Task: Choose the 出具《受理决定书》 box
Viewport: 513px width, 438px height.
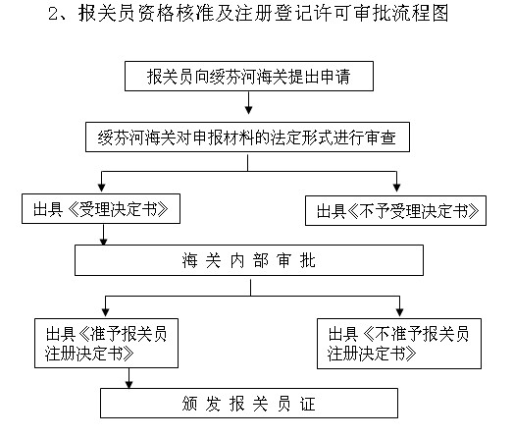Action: [x=101, y=209]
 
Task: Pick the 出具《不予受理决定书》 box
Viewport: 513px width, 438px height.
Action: [x=397, y=209]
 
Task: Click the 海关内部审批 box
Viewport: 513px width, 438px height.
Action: [x=249, y=260]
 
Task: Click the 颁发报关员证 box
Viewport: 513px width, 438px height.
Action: [x=251, y=404]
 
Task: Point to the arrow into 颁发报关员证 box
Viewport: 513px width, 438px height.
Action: [x=128, y=378]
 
